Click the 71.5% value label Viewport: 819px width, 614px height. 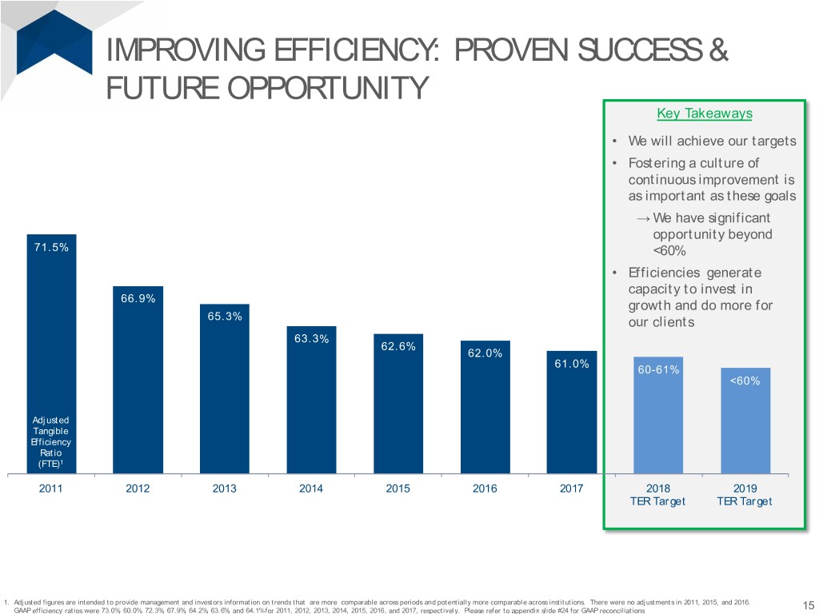pyautogui.click(x=51, y=247)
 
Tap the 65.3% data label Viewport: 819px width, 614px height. pyautogui.click(x=225, y=316)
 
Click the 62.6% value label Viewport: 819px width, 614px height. pyautogui.click(x=398, y=346)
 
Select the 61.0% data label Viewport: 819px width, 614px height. pyautogui.click(x=572, y=365)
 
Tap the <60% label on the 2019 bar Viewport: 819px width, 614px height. pyautogui.click(x=745, y=381)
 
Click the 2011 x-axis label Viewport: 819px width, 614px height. pyautogui.click(x=51, y=489)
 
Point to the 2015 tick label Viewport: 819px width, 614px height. pyautogui.click(x=398, y=489)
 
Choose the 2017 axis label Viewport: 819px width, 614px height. pyautogui.click(x=572, y=489)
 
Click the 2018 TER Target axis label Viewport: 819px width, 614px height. pyautogui.click(x=658, y=495)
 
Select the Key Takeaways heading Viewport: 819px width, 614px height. pyautogui.click(x=705, y=114)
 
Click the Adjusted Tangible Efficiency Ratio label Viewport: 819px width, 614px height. pyautogui.click(x=51, y=441)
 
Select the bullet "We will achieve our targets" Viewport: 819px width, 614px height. pyautogui.click(x=712, y=142)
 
